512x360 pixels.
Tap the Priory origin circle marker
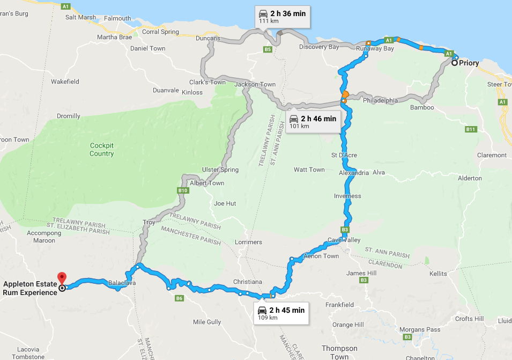(x=455, y=63)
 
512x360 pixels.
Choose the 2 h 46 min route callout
(x=313, y=122)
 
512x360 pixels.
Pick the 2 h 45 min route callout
(x=281, y=313)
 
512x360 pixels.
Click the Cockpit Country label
(x=102, y=150)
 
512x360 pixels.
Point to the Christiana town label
(x=247, y=282)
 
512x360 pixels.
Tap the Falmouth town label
(x=117, y=18)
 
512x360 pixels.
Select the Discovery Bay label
(x=319, y=47)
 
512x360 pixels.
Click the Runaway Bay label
(x=375, y=49)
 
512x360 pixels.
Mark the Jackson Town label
(x=255, y=85)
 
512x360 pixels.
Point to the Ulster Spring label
(x=220, y=170)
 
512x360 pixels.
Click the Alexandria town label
(x=354, y=173)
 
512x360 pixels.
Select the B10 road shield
(x=183, y=190)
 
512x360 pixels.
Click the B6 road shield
(x=179, y=298)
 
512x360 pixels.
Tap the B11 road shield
(x=471, y=129)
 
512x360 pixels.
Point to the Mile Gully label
(x=206, y=322)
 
